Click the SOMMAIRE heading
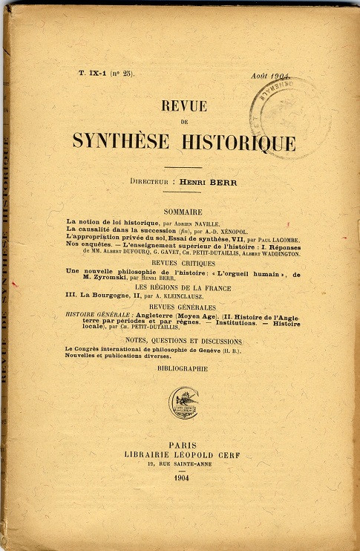pos(183,212)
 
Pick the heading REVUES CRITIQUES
pos(183,263)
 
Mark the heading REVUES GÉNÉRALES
pos(183,307)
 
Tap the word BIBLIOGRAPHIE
pos(183,368)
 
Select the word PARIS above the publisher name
pos(183,445)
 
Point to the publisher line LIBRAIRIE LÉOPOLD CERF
pos(183,455)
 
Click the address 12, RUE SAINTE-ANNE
pos(183,465)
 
